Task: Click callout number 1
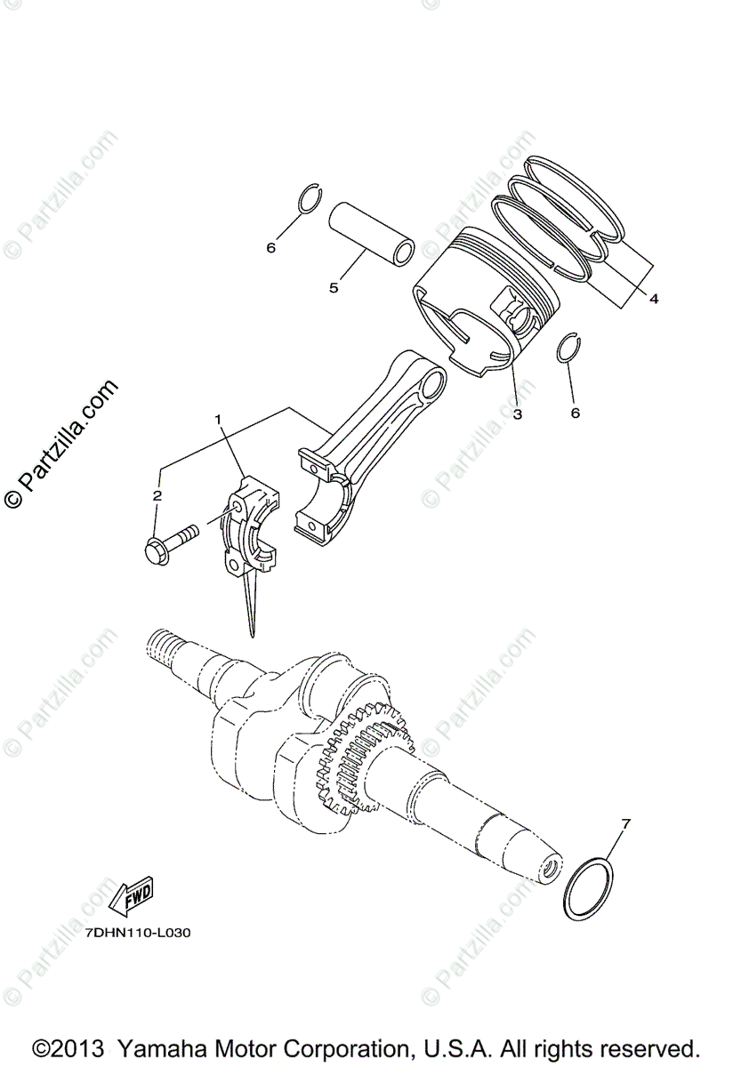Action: pos(216,418)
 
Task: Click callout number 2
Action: pos(157,495)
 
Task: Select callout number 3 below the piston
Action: pos(517,413)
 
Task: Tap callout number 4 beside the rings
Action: pos(654,300)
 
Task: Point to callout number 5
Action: pos(334,287)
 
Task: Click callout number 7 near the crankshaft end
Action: pos(625,824)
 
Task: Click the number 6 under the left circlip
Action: pos(271,247)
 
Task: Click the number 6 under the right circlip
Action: pos(575,413)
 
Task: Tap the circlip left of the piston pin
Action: pos(308,200)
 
